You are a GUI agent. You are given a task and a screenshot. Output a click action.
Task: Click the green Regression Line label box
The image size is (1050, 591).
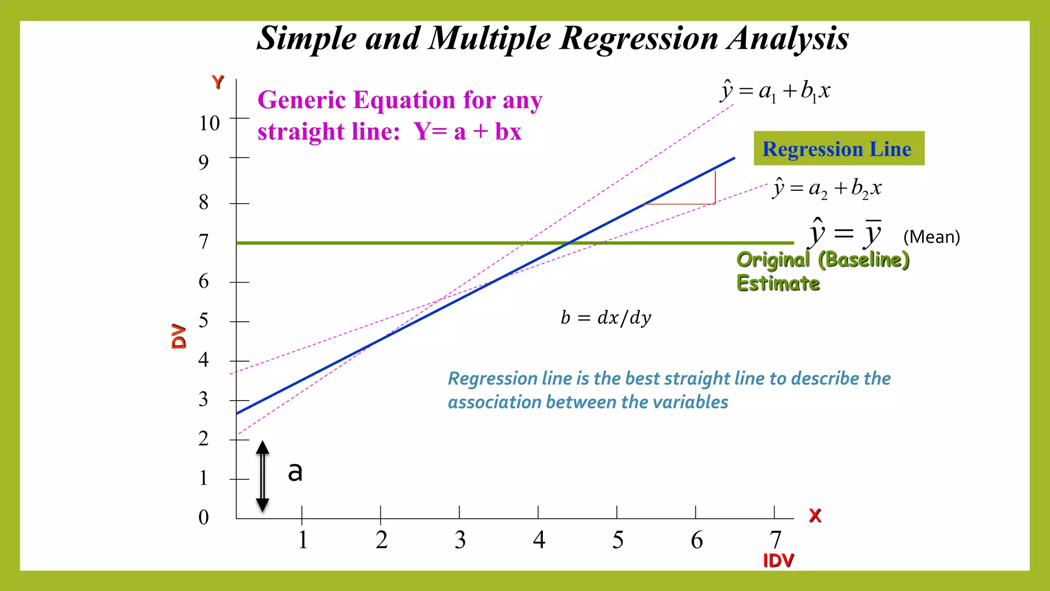click(839, 148)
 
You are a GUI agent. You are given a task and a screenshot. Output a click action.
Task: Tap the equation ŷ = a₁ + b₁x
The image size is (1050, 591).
click(775, 91)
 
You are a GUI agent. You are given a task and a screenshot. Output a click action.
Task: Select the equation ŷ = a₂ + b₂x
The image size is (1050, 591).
click(826, 188)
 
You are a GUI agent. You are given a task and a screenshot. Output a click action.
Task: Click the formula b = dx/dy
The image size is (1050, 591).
click(605, 318)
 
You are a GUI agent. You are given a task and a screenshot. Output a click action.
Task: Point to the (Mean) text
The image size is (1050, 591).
click(931, 237)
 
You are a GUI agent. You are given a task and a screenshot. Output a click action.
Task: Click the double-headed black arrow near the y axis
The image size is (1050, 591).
click(262, 476)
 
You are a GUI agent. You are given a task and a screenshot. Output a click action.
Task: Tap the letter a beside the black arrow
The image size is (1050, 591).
click(295, 471)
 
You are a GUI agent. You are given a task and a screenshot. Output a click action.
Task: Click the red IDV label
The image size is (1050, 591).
click(778, 561)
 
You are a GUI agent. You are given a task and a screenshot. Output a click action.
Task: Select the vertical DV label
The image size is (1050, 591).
click(179, 336)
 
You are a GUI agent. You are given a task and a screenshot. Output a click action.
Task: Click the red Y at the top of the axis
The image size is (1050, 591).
click(218, 82)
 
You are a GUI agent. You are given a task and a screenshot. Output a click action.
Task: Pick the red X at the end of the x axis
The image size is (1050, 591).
click(815, 515)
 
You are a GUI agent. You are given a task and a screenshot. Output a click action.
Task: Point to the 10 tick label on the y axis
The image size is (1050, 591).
click(209, 123)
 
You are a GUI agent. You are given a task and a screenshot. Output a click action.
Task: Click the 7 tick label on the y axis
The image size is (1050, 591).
click(204, 241)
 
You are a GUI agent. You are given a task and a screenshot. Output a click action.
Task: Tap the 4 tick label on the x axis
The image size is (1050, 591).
click(539, 540)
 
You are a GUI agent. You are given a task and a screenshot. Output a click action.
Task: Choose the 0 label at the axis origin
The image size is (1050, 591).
click(204, 517)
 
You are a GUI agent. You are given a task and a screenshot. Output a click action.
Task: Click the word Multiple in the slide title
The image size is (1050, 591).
click(490, 38)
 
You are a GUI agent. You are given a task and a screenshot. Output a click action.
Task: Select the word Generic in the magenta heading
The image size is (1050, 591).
click(302, 100)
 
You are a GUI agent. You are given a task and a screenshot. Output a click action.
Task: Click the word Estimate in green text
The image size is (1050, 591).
click(778, 283)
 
